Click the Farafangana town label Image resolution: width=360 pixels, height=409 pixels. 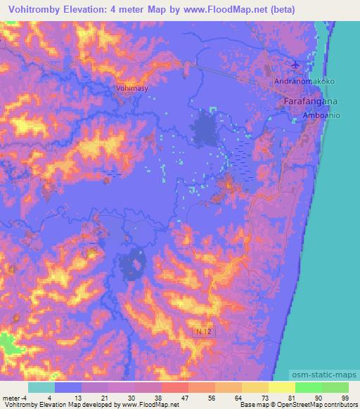click(311, 103)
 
